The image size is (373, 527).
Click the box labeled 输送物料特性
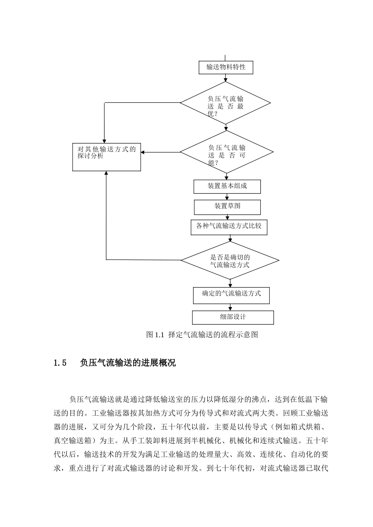(x=226, y=67)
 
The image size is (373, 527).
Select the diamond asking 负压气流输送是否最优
(x=225, y=104)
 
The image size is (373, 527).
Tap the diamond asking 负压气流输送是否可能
(x=227, y=152)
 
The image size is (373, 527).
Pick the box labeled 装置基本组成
(x=227, y=186)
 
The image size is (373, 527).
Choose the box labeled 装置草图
(x=227, y=207)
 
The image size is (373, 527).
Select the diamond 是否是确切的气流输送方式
(x=230, y=260)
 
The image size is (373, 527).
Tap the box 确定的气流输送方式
(x=231, y=295)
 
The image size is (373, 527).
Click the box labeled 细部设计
(x=233, y=317)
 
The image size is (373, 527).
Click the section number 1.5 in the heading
(x=60, y=363)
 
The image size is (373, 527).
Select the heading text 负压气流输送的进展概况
(x=128, y=363)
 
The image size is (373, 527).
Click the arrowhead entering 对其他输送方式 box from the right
(x=143, y=152)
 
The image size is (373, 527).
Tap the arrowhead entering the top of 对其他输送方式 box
(x=104, y=142)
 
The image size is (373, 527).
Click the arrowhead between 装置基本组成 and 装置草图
(x=227, y=198)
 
